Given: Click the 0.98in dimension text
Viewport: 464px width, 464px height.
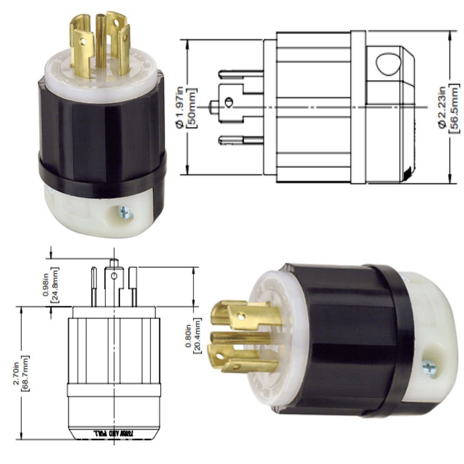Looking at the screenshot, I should click(x=45, y=286).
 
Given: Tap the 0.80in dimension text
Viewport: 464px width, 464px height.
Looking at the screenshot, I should click(x=188, y=339).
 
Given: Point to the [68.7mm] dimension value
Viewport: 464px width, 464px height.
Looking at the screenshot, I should click(x=26, y=374).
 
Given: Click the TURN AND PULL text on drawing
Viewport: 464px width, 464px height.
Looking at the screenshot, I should click(x=114, y=432).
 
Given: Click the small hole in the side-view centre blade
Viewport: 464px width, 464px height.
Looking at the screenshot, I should click(x=227, y=102).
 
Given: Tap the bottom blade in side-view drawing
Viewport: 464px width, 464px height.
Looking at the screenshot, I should click(x=240, y=139).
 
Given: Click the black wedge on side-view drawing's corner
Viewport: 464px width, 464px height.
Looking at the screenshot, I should click(x=408, y=173).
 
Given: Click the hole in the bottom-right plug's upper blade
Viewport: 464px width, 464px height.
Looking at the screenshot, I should click(x=240, y=316).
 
